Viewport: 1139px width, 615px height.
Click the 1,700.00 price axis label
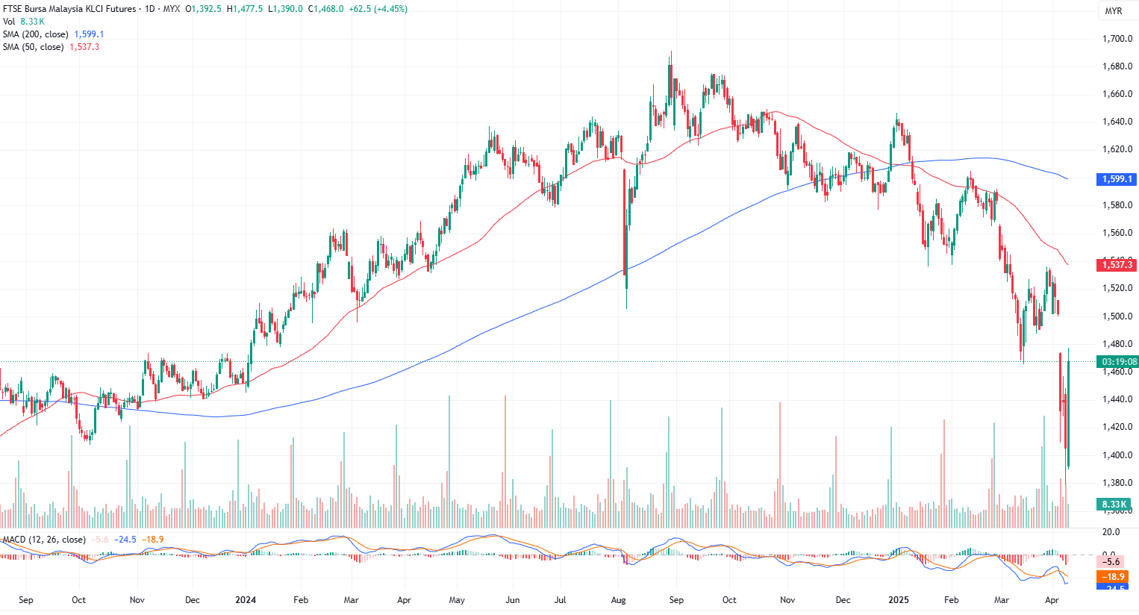pos(1117,39)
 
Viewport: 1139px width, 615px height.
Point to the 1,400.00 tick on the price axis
pos(1117,455)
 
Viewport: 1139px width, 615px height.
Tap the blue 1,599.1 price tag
pos(1117,179)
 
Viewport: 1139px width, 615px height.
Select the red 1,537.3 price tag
pos(1117,265)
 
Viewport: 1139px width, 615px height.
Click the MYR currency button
pos(1113,11)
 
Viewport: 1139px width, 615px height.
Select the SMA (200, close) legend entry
pos(35,34)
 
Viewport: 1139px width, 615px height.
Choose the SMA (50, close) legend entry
pos(33,47)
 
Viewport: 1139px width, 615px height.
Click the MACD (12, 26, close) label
pos(44,540)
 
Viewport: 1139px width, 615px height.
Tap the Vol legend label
pos(9,22)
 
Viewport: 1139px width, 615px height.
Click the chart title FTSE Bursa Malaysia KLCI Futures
pos(69,9)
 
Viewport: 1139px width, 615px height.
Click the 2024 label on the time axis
pos(246,600)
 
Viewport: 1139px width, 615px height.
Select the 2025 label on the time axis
pos(899,600)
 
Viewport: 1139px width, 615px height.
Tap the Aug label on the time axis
pos(618,600)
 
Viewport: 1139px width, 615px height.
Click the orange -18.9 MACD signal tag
pos(1115,577)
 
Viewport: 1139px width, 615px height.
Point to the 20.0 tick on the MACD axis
pos(1111,532)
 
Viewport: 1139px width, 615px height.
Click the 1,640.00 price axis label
pos(1117,122)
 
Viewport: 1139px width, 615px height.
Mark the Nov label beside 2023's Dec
pos(137,600)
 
